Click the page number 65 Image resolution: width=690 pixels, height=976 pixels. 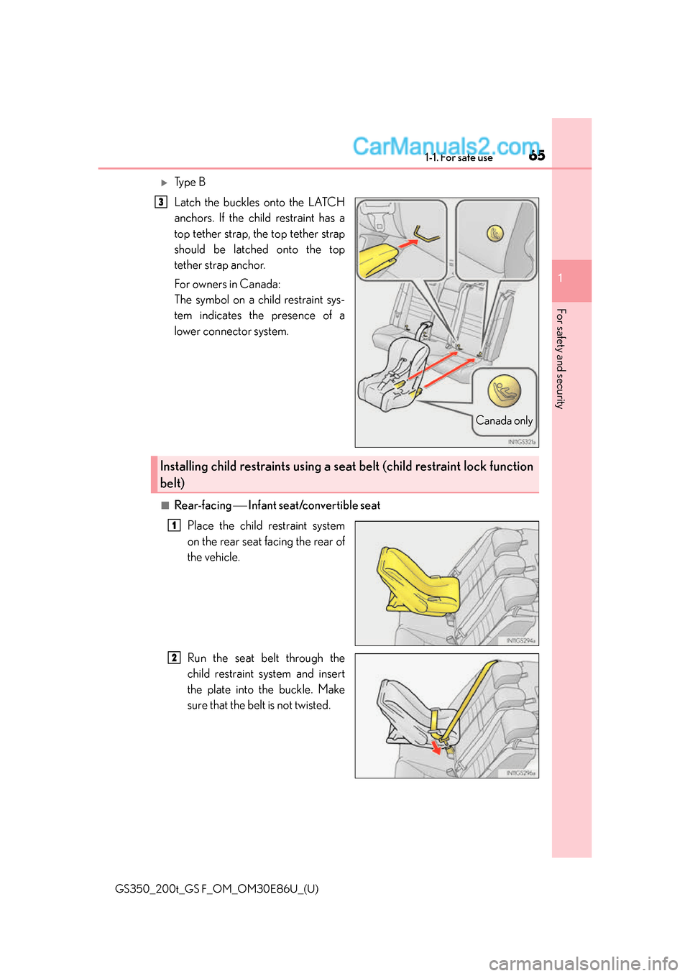[537, 155]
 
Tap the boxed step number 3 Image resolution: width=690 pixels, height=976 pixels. [161, 202]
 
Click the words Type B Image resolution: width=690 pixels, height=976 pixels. [190, 183]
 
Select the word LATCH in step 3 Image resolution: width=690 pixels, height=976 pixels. [326, 203]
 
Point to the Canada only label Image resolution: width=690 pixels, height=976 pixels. [504, 421]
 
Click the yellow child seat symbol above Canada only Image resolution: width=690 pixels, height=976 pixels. [504, 391]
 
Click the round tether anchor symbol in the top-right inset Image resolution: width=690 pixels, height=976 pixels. [494, 233]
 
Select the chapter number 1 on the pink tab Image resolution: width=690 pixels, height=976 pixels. [561, 278]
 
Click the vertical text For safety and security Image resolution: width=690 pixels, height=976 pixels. [561, 359]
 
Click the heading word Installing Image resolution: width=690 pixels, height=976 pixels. [184, 466]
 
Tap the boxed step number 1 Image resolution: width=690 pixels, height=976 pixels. [174, 525]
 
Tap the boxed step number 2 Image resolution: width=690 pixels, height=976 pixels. [174, 658]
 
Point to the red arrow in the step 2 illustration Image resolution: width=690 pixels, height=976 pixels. [436, 747]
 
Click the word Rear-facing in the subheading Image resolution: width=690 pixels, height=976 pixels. [203, 505]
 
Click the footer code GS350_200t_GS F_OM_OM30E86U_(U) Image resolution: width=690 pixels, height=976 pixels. [216, 889]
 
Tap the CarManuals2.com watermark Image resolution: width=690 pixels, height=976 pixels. [446, 146]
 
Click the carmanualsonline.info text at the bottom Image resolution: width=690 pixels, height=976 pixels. [583, 963]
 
